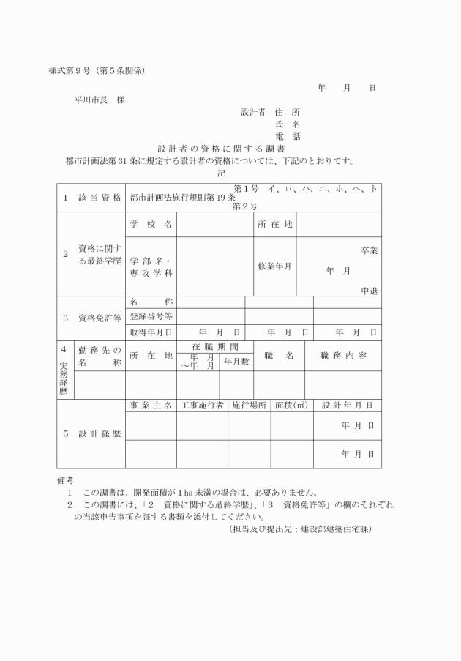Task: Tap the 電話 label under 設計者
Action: pyautogui.click(x=288, y=136)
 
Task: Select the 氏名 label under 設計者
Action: pyautogui.click(x=288, y=124)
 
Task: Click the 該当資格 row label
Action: pyautogui.click(x=91, y=198)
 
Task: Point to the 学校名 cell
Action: pyautogui.click(x=151, y=225)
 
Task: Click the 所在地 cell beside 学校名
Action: pyautogui.click(x=275, y=225)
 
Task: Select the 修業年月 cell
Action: pyautogui.click(x=274, y=266)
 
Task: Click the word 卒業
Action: pyautogui.click(x=369, y=250)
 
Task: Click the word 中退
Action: pyautogui.click(x=369, y=291)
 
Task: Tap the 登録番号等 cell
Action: pyautogui.click(x=151, y=316)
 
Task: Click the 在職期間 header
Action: pyautogui.click(x=215, y=346)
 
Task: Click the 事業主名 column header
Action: pyautogui.click(x=151, y=405)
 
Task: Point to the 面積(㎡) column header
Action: pyautogui.click(x=291, y=405)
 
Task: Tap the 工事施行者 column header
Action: pyautogui.click(x=201, y=405)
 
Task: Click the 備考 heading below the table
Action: pyautogui.click(x=65, y=480)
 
